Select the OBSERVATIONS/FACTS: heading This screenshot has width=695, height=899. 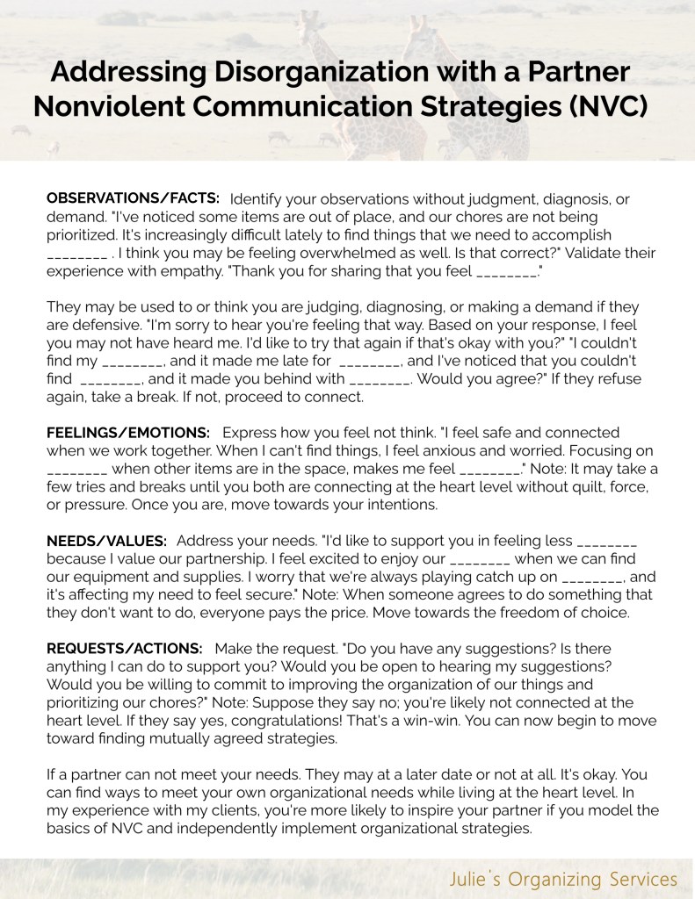click(x=133, y=198)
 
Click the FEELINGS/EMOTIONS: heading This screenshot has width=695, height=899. click(x=128, y=433)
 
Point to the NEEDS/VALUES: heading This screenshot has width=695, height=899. click(x=106, y=540)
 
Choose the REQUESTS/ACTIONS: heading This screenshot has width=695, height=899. click(x=125, y=648)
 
